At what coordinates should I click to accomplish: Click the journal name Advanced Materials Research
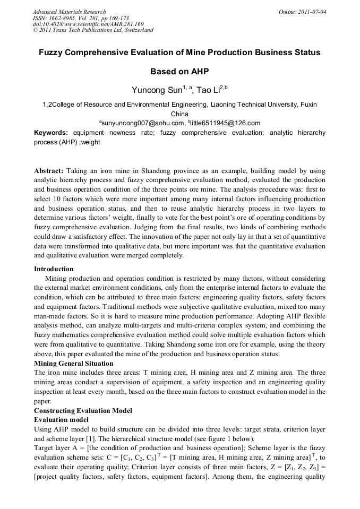[69, 12]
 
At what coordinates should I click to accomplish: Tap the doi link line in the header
[88, 24]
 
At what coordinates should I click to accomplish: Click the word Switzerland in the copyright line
[138, 30]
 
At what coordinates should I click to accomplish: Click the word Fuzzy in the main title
[52, 53]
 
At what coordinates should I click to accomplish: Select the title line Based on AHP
[180, 71]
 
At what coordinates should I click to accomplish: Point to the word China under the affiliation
[179, 114]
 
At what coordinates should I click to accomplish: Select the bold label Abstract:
[49, 171]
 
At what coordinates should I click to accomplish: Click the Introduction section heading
[54, 269]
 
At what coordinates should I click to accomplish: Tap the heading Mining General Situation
[73, 364]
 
